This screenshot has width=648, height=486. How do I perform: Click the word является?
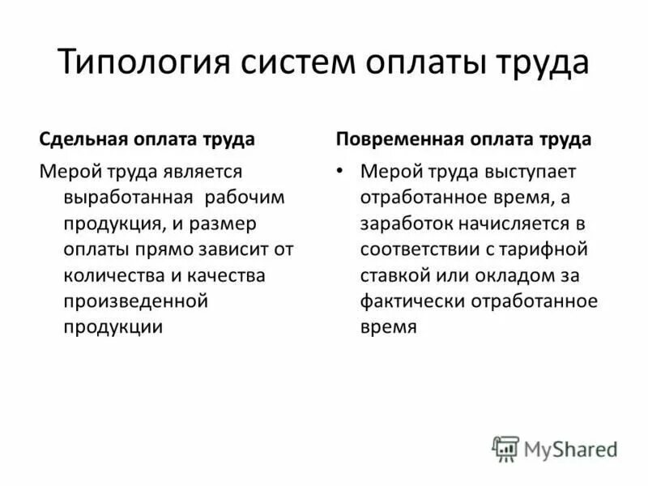[x=209, y=171]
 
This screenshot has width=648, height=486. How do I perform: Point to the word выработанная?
[x=127, y=197]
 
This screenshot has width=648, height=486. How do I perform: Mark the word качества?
[x=225, y=275]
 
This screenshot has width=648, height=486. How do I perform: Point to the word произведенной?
[x=136, y=301]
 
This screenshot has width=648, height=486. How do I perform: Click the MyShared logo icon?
[x=505, y=448]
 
